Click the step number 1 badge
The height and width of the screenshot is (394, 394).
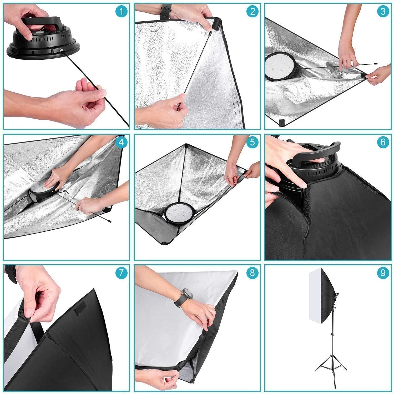pos(121,11)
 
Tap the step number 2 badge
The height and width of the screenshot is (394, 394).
pos(252,11)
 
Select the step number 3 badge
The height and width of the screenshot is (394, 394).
pos(383,11)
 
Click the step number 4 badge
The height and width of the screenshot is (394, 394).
pos(121,142)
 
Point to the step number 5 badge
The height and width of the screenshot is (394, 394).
pos(252,142)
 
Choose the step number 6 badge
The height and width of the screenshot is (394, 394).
pos(383,142)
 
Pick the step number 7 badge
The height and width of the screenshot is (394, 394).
pos(121,273)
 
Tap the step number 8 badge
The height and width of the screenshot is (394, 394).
pos(252,273)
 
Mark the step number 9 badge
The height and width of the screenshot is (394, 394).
pos(383,273)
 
